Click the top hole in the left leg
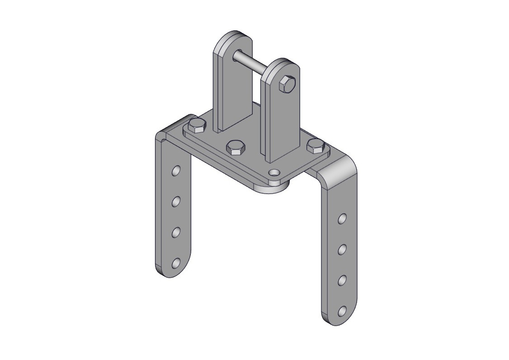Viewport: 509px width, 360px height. click(176, 171)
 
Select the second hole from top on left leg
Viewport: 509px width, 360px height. click(176, 201)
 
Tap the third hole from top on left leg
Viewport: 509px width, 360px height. click(176, 232)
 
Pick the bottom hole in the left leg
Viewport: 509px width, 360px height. click(176, 263)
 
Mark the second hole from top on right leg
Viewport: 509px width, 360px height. click(343, 250)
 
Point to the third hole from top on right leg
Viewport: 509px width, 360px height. click(343, 280)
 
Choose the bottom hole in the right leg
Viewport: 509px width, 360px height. click(343, 311)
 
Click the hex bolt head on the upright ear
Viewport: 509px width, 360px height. click(287, 84)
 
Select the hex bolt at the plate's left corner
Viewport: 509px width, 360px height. click(197, 126)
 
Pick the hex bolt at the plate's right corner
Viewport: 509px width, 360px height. click(315, 146)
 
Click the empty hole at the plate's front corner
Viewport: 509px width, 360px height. click(274, 173)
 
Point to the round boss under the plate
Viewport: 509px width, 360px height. click(273, 189)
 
